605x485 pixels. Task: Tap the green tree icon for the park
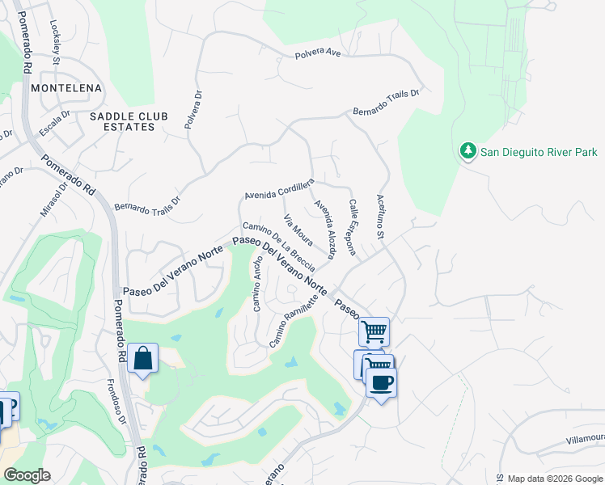[467, 151]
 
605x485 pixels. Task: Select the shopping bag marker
[142, 359]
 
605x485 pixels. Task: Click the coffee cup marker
[381, 382]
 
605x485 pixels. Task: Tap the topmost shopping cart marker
[374, 331]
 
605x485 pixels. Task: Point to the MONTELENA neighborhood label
[66, 86]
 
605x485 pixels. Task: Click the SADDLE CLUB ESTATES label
[122, 122]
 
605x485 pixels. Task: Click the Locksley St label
[56, 42]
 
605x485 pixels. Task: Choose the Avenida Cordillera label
[279, 191]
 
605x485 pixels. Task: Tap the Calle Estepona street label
[353, 227]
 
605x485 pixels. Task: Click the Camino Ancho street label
[256, 284]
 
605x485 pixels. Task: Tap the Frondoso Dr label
[117, 403]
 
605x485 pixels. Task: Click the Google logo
[26, 474]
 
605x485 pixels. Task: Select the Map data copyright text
[556, 479]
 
